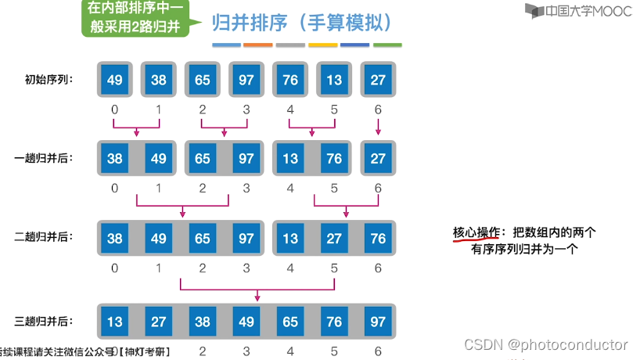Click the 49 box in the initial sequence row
[x=115, y=80]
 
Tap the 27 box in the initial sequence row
[x=378, y=80]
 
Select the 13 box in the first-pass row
[x=290, y=159]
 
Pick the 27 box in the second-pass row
[x=334, y=238]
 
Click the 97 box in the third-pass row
[x=378, y=322]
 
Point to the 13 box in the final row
[x=115, y=322]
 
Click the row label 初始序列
[x=49, y=79]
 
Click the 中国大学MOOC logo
[x=569, y=11]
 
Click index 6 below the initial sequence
[x=378, y=109]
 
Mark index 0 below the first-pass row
[x=115, y=188]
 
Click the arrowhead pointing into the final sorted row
[x=258, y=298]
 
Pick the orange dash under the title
[x=258, y=45]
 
